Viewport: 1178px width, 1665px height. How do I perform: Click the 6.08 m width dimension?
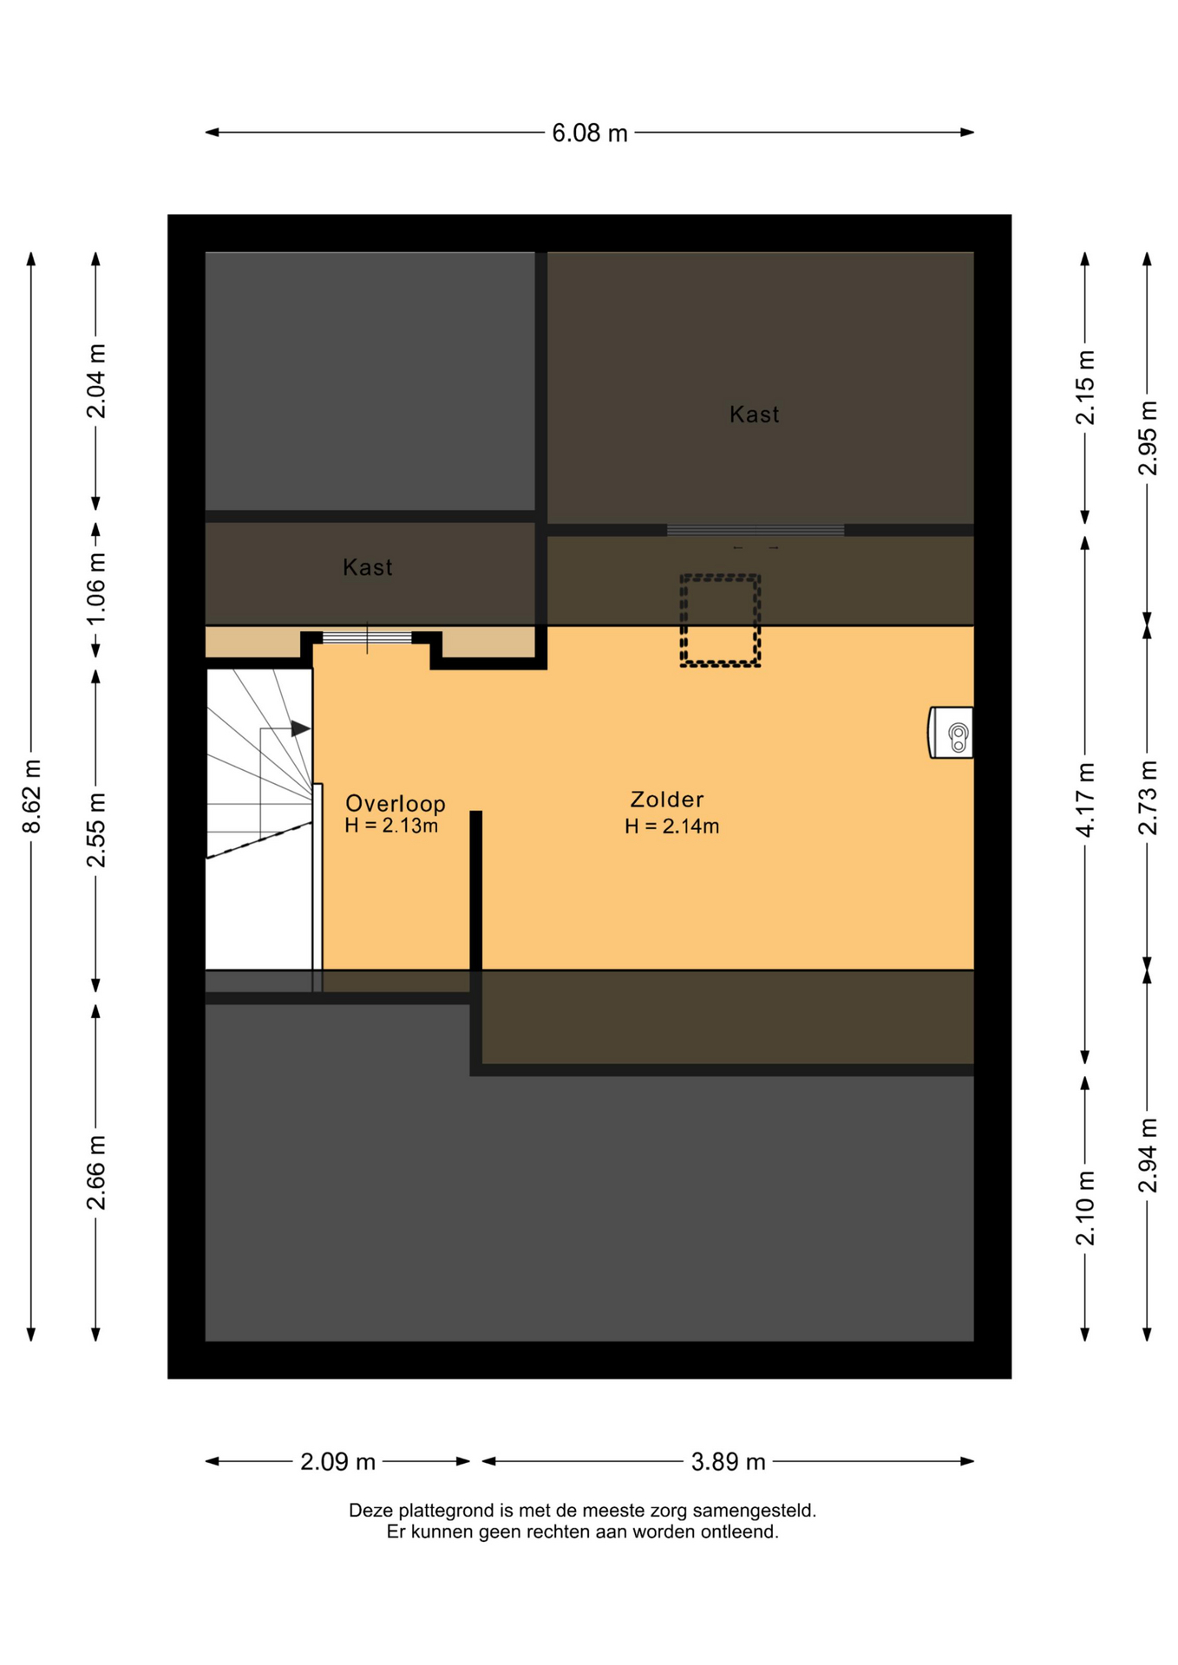(x=590, y=133)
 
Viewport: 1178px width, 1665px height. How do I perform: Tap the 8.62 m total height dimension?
(x=32, y=796)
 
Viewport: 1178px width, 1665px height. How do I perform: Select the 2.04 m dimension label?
(x=96, y=381)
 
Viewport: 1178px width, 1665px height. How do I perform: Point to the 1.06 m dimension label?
(x=96, y=588)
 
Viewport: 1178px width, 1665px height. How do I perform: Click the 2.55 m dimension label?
(x=96, y=829)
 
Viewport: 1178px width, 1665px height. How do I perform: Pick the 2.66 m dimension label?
(x=96, y=1172)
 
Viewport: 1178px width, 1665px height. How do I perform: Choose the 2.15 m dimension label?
(x=1085, y=387)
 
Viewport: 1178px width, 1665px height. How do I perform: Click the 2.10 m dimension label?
(x=1085, y=1207)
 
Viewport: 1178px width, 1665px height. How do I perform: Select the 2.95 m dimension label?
(x=1148, y=438)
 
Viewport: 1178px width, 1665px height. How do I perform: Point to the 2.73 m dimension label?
(x=1148, y=797)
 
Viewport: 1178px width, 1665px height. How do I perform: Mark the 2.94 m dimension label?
(x=1148, y=1155)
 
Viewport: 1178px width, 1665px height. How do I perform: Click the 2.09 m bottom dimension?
(x=337, y=1462)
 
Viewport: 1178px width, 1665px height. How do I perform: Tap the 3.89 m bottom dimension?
(x=728, y=1462)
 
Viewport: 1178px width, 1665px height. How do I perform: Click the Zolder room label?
(x=666, y=800)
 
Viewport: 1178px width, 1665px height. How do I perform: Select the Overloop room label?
(x=396, y=803)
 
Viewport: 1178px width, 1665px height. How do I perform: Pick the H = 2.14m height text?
(x=671, y=826)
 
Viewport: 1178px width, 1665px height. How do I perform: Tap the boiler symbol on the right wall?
(x=951, y=733)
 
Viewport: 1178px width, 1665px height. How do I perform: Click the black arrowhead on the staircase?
(x=300, y=728)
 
